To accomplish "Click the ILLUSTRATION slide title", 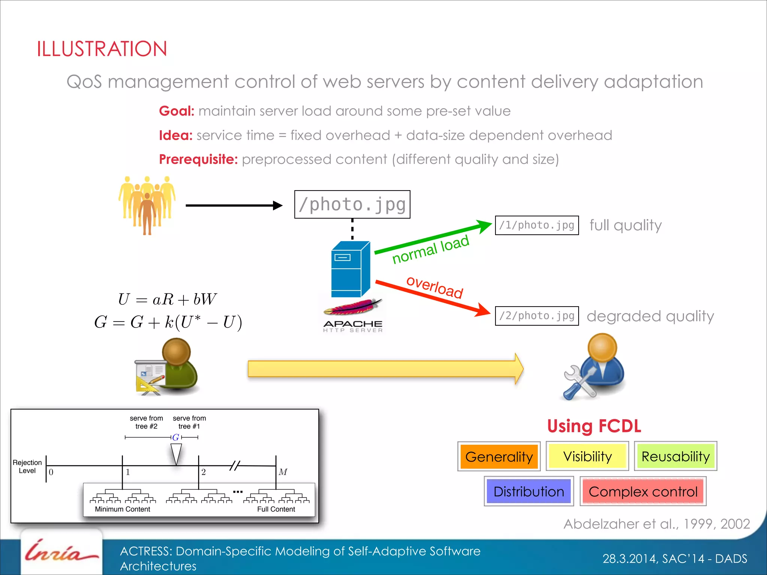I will pyautogui.click(x=101, y=49).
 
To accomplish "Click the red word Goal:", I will pyautogui.click(x=176, y=111).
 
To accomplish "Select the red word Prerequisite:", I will pyautogui.click(x=198, y=159).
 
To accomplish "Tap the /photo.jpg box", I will pyautogui.click(x=352, y=204).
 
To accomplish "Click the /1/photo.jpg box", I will pyautogui.click(x=536, y=225).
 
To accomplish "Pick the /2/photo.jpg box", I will pyautogui.click(x=536, y=316).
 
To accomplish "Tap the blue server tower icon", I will pyautogui.click(x=350, y=270).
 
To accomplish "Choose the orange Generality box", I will pyautogui.click(x=498, y=456).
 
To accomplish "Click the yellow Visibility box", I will pyautogui.click(x=587, y=456).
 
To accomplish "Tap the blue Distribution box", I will pyautogui.click(x=528, y=491).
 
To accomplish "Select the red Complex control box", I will pyautogui.click(x=643, y=491).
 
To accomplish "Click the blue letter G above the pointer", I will pyautogui.click(x=176, y=437).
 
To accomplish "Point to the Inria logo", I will pyautogui.click(x=61, y=553).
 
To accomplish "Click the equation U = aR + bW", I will pyautogui.click(x=167, y=299).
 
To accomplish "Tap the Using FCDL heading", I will pyautogui.click(x=594, y=426).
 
